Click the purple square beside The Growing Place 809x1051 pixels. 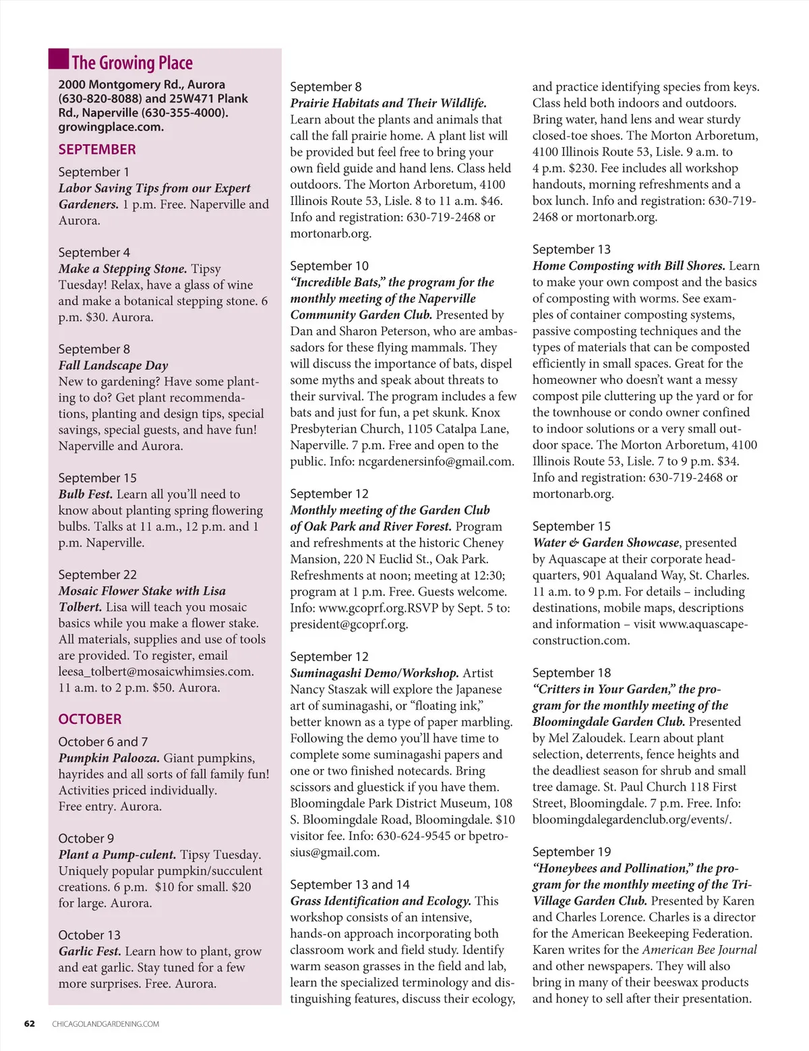tap(59, 59)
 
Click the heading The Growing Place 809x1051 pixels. tap(132, 63)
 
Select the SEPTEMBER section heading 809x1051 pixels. tap(97, 150)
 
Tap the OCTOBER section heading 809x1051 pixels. tap(90, 719)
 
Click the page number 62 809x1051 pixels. tap(30, 1023)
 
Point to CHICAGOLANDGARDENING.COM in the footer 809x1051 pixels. tap(106, 1024)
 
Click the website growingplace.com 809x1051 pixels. tap(111, 127)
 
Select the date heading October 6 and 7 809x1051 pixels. tap(103, 742)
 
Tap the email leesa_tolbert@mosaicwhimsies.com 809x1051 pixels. tap(156, 672)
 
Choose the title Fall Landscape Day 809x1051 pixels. tap(113, 366)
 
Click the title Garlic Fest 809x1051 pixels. tap(90, 951)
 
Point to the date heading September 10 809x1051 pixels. tap(330, 266)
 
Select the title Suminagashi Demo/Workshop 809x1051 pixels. tap(374, 673)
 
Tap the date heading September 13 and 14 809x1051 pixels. tap(350, 884)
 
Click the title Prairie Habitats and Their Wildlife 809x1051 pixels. tap(388, 103)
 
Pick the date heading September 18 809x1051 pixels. tap(572, 673)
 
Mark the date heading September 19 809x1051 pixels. tap(572, 852)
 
